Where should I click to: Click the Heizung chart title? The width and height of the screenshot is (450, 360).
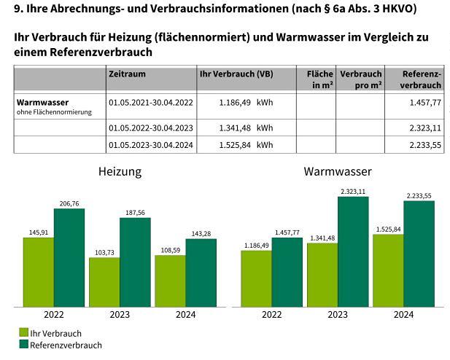tap(120, 172)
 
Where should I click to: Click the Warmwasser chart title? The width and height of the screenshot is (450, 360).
tap(338, 172)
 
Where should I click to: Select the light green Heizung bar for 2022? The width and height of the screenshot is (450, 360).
tap(38, 271)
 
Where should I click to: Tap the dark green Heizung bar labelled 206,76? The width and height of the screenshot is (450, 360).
tap(69, 257)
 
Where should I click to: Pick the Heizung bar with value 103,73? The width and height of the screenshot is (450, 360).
tap(104, 281)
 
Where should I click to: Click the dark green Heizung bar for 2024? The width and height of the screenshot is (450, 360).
tap(201, 273)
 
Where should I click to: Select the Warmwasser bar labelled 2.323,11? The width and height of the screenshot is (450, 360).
tap(353, 251)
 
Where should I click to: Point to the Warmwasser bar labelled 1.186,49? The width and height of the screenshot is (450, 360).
tap(256, 278)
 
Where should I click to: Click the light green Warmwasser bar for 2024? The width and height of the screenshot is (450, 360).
tap(387, 270)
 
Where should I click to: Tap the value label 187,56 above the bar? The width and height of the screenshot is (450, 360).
tap(135, 213)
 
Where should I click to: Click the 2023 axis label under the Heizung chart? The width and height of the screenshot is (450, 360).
tap(119, 315)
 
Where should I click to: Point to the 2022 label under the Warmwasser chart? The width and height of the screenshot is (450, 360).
tap(271, 315)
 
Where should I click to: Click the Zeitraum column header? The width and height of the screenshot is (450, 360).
tap(126, 74)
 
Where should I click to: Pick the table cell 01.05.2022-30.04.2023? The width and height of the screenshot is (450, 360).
tap(150, 128)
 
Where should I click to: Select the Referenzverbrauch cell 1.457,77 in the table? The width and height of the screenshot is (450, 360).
tap(425, 103)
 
